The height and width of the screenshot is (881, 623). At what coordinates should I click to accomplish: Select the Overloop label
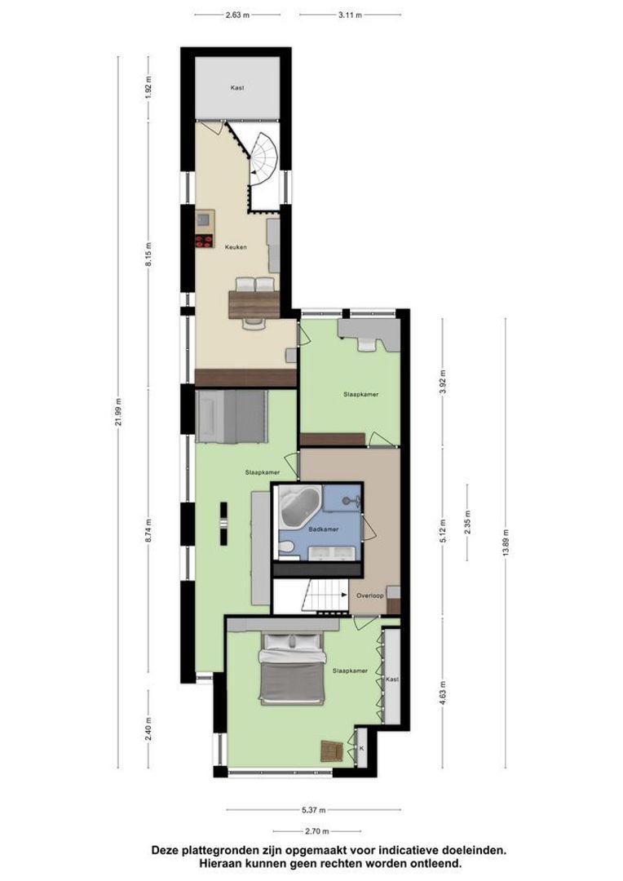[370, 596]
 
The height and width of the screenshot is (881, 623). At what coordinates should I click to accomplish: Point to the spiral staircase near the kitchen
[266, 160]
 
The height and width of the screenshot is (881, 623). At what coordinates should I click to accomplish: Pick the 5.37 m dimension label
[314, 810]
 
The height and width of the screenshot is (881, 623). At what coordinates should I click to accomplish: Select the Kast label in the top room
[237, 87]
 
